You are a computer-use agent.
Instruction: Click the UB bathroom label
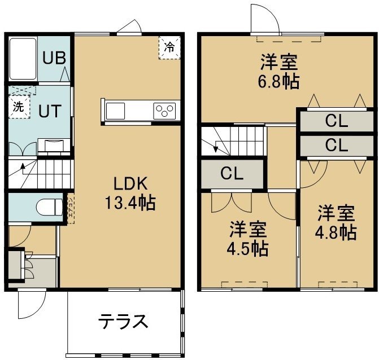pyautogui.click(x=54, y=58)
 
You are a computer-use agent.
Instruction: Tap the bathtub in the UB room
pyautogui.click(x=23, y=59)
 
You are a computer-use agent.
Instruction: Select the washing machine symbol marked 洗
pyautogui.click(x=19, y=107)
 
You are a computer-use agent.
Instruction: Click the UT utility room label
pyautogui.click(x=50, y=111)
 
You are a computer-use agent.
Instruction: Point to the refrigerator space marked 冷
pyautogui.click(x=169, y=47)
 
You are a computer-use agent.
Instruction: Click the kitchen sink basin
pyautogui.click(x=116, y=111)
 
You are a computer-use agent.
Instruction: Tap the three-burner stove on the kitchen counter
pyautogui.click(x=164, y=111)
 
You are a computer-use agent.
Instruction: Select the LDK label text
pyautogui.click(x=130, y=183)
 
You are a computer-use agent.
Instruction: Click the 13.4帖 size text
pyautogui.click(x=130, y=203)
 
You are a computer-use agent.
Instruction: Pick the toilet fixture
pyautogui.click(x=49, y=207)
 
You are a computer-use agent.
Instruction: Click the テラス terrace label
pyautogui.click(x=123, y=321)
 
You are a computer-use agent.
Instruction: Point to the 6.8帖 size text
pyautogui.click(x=278, y=82)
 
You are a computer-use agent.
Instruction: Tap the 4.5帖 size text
pyautogui.click(x=247, y=248)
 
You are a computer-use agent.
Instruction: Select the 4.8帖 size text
pyautogui.click(x=336, y=232)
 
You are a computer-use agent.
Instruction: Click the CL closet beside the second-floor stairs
pyautogui.click(x=232, y=173)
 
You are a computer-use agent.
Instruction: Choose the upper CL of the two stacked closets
pyautogui.click(x=337, y=121)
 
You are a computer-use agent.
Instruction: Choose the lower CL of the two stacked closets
pyautogui.click(x=337, y=146)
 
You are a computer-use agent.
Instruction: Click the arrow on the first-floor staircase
pyautogui.click(x=23, y=169)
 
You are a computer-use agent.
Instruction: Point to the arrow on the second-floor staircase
pyautogui.click(x=216, y=147)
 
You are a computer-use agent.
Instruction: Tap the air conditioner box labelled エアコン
pyautogui.click(x=71, y=208)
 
